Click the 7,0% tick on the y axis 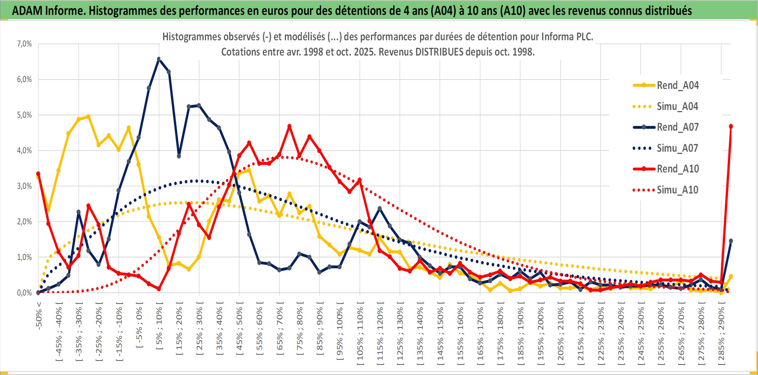click(x=24, y=44)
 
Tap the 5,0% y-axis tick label click(x=24, y=115)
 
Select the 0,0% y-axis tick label click(x=24, y=293)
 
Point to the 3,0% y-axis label click(x=24, y=186)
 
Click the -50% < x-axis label click(x=39, y=315)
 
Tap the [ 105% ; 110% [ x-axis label click(x=360, y=334)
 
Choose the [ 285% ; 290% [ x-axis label click(x=721, y=334)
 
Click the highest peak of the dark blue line click(x=159, y=59)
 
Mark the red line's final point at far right click(x=731, y=126)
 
